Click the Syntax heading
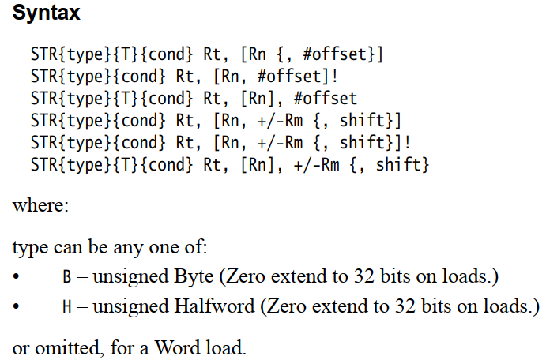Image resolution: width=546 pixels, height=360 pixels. click(46, 14)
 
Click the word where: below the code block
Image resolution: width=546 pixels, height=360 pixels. click(41, 207)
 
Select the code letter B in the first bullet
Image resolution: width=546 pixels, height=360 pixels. click(66, 278)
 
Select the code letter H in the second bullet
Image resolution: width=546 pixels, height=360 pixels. click(66, 306)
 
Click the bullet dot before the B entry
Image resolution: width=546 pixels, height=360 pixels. click(17, 279)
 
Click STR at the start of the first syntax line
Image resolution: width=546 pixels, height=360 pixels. click(44, 55)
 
